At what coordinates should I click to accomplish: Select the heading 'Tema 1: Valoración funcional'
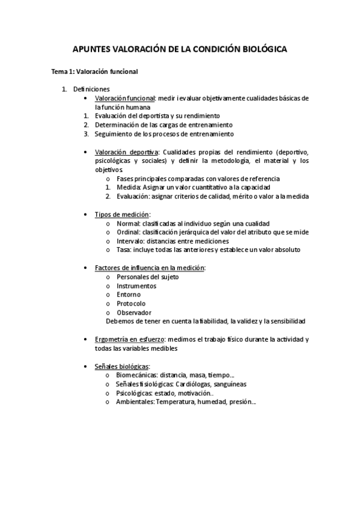point(95,72)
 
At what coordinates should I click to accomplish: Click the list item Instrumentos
point(136,286)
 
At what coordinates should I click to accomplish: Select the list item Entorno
point(129,295)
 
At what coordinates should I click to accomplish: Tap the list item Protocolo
point(131,304)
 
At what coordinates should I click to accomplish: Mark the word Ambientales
point(135,402)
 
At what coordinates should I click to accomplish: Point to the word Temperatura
point(177,402)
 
